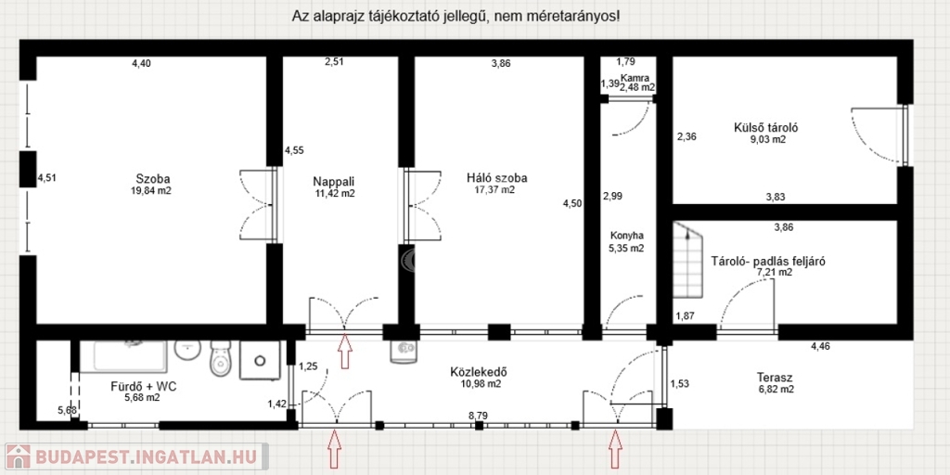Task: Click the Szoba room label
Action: [153, 179]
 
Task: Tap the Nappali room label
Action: [334, 181]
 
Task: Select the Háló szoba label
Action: [497, 178]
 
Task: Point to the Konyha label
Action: [626, 236]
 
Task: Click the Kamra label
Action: [638, 78]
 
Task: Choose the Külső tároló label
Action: [759, 128]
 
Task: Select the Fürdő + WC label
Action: [144, 386]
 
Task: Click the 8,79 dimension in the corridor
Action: [480, 416]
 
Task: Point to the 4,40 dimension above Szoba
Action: [142, 62]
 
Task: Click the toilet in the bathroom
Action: [220, 359]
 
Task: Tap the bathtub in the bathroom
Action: [131, 356]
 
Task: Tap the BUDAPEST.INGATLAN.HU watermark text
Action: [144, 456]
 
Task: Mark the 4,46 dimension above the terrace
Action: [822, 347]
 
